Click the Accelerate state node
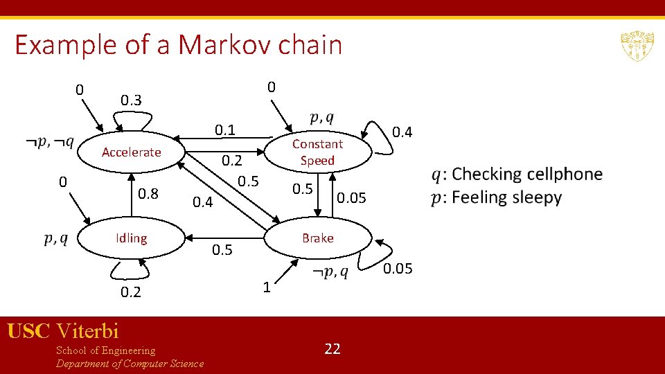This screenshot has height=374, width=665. (131, 152)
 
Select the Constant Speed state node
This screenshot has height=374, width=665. (317, 152)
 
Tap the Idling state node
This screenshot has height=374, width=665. (131, 238)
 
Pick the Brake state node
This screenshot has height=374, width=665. (317, 238)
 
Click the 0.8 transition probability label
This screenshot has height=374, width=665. (148, 194)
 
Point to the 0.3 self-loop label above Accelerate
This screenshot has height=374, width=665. (131, 100)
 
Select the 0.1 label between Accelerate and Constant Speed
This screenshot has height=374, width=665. (225, 130)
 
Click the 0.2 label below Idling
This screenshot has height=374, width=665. (131, 292)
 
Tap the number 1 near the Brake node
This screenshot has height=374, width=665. (266, 286)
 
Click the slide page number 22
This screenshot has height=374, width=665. (332, 348)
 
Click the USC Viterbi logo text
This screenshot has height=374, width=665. (63, 331)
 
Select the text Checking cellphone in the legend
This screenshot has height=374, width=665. (526, 174)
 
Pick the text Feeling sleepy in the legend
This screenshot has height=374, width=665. (506, 197)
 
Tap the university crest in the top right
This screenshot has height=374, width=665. (633, 46)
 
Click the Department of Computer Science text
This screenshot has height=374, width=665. (130, 364)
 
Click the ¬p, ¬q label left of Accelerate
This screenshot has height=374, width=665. (50, 142)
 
